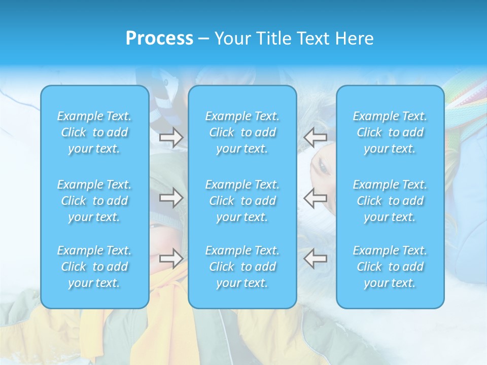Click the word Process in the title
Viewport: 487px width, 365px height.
[x=159, y=39]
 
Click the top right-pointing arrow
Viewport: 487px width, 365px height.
[x=171, y=137]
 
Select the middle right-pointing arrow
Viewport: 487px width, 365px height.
[x=171, y=198]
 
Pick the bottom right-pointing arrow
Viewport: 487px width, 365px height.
[x=171, y=259]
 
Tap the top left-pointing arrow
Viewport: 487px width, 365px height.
[x=315, y=137]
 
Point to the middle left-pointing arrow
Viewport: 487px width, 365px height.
[x=315, y=198]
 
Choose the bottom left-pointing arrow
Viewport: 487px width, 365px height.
[x=315, y=259]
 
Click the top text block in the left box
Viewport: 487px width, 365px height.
[x=94, y=132]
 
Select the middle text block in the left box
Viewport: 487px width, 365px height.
[x=94, y=201]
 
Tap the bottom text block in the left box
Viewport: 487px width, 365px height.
[x=94, y=267]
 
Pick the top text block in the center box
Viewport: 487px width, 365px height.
[x=242, y=132]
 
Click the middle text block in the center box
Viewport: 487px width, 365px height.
[x=242, y=201]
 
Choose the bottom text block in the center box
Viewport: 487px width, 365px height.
[x=242, y=267]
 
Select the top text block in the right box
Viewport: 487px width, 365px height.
[x=390, y=132]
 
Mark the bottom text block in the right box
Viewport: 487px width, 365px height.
[x=390, y=267]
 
